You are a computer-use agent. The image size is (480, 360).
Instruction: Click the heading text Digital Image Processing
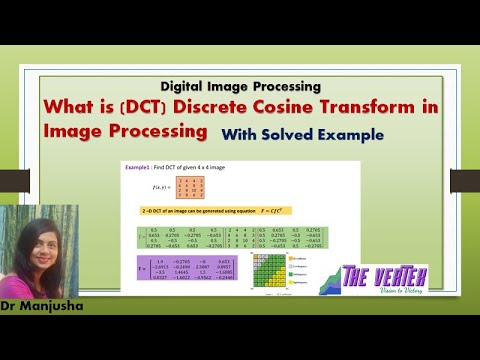pyautogui.click(x=239, y=86)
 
